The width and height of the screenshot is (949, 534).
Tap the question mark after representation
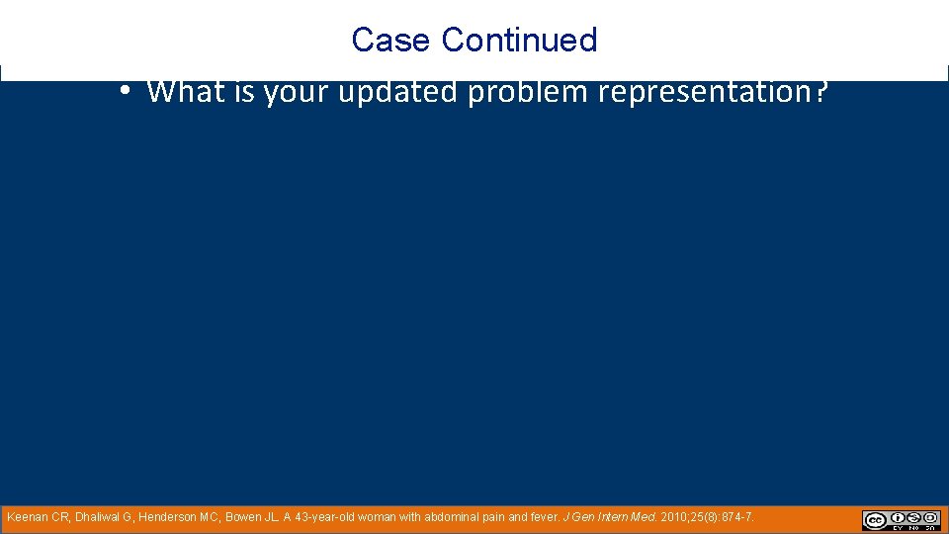[x=820, y=92]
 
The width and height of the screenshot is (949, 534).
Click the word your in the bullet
[x=300, y=92]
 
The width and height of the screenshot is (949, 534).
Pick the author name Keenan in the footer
[x=27, y=517]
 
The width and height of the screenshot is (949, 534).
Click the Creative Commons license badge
[x=901, y=520]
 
